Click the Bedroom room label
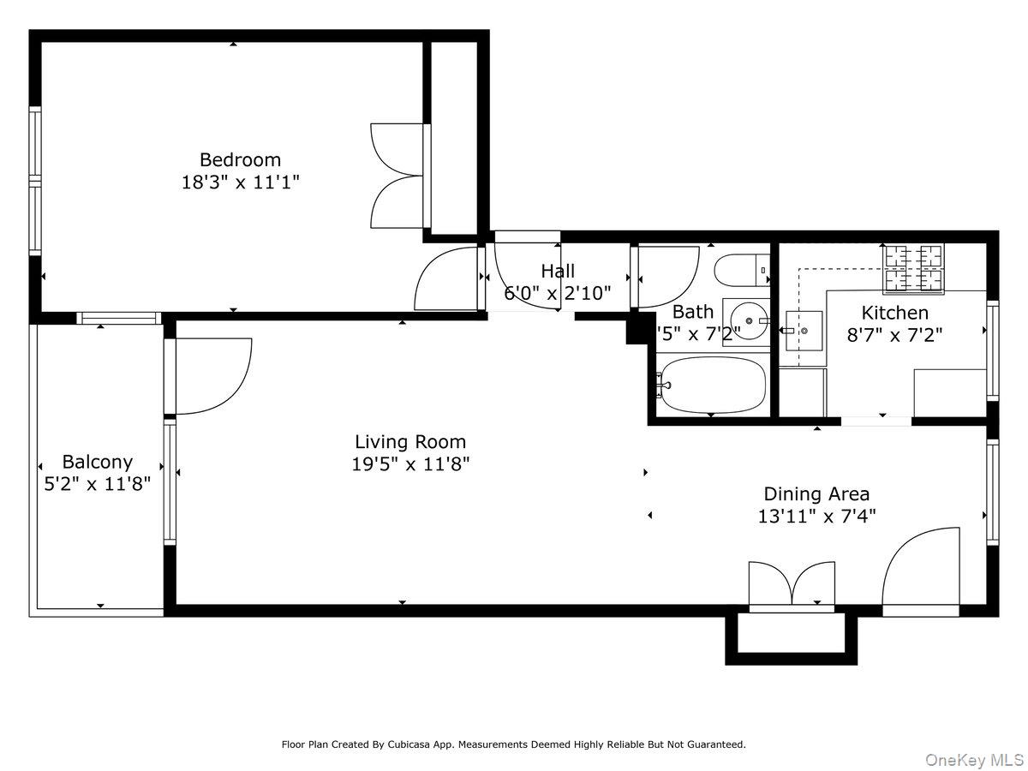pyautogui.click(x=240, y=159)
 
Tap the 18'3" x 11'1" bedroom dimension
pyautogui.click(x=240, y=182)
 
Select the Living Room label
pyautogui.click(x=410, y=442)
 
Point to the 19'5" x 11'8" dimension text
pyautogui.click(x=410, y=464)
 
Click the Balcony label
pyautogui.click(x=97, y=463)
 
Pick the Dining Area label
pyautogui.click(x=816, y=493)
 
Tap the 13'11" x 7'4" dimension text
pyautogui.click(x=816, y=516)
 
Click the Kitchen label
pyautogui.click(x=894, y=313)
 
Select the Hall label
pyautogui.click(x=558, y=271)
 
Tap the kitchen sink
pyautogui.click(x=803, y=330)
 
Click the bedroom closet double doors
pyautogui.click(x=397, y=175)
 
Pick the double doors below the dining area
pyautogui.click(x=792, y=586)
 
